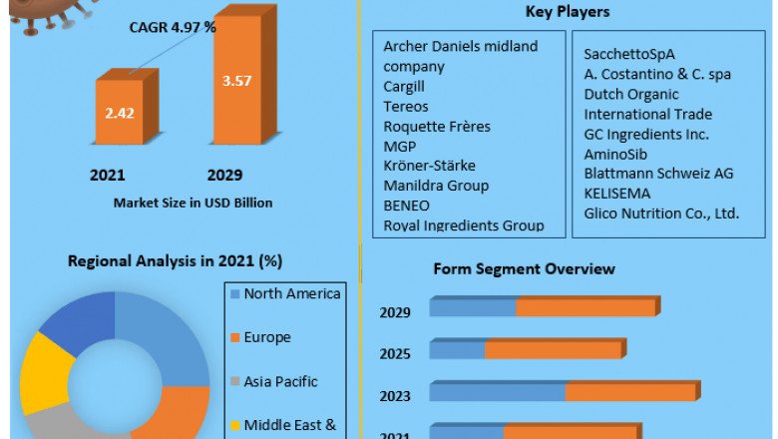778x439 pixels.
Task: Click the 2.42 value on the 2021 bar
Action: [x=120, y=113]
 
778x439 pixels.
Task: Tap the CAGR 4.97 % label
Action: [x=173, y=27]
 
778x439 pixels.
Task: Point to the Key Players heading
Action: [x=568, y=12]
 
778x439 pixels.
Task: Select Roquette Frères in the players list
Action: [x=437, y=127]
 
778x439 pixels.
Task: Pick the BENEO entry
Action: [x=406, y=206]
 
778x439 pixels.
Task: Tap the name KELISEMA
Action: [x=617, y=194]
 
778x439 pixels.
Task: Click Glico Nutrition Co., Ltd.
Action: [x=661, y=214]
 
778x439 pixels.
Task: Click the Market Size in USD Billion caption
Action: [x=193, y=203]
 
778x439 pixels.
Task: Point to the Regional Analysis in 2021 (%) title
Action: [x=175, y=261]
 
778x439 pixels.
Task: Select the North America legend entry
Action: [x=291, y=293]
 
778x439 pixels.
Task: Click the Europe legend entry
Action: [x=266, y=337]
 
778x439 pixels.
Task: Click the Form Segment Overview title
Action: [x=524, y=269]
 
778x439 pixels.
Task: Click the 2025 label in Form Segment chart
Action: [x=395, y=354]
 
